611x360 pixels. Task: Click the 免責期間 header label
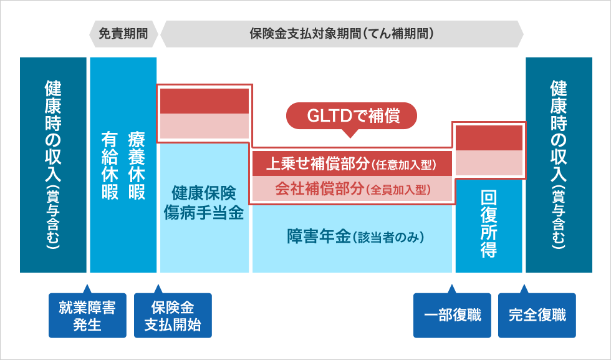123,34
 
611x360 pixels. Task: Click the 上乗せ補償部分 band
351,165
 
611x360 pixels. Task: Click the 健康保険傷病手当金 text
204,202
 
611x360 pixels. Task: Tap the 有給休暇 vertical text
110,165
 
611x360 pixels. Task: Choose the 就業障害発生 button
87,315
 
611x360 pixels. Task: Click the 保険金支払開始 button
173,315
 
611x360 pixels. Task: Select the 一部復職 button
452,315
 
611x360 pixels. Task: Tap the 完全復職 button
537,315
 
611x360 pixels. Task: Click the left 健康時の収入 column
53,165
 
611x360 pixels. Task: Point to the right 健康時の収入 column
559,165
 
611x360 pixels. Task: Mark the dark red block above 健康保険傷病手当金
204,101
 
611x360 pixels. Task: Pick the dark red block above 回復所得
489,138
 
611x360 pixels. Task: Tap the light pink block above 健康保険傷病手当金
204,126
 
